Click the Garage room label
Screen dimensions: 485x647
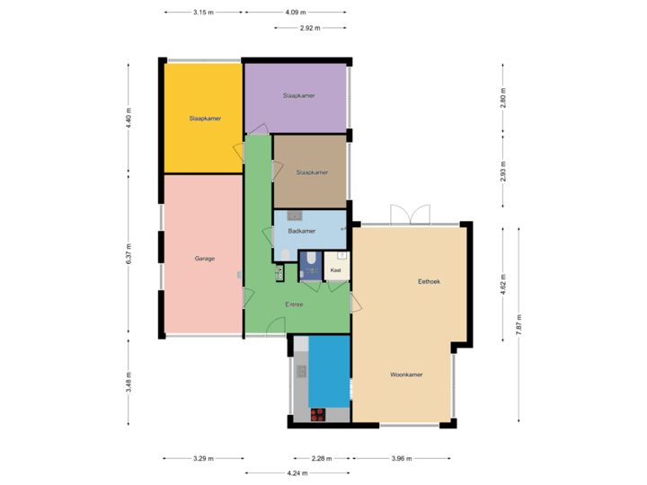pos(205,259)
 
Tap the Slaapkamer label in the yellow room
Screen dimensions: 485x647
pos(205,119)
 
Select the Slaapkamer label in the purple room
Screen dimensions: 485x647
pos(298,95)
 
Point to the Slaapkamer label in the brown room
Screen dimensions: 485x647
pos(312,172)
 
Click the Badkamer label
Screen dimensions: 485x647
pos(302,231)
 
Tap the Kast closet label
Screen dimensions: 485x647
pos(336,269)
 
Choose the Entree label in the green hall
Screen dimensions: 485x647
pos(294,304)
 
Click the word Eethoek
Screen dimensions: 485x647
pos(429,282)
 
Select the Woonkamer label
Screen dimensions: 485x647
pos(406,374)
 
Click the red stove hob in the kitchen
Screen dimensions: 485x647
pos(317,414)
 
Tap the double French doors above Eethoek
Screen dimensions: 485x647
pos(408,214)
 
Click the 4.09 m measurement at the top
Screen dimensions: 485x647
pos(295,13)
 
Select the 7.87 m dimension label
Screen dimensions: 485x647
pos(518,323)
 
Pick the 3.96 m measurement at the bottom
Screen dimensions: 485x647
pos(401,458)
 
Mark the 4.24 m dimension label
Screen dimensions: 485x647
pos(295,472)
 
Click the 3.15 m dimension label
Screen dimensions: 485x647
pos(204,13)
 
